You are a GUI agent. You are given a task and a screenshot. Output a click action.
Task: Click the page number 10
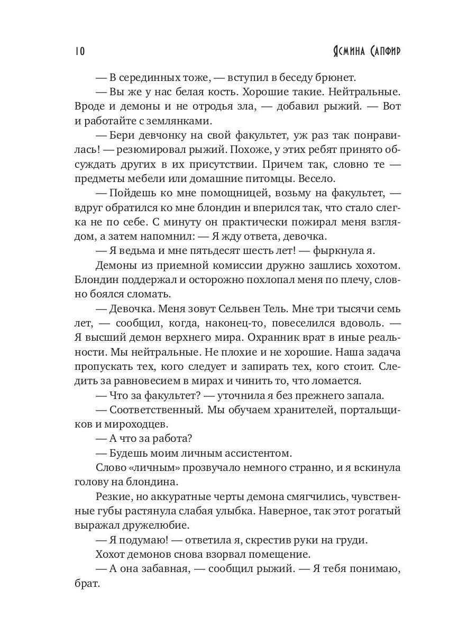[x=79, y=51]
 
